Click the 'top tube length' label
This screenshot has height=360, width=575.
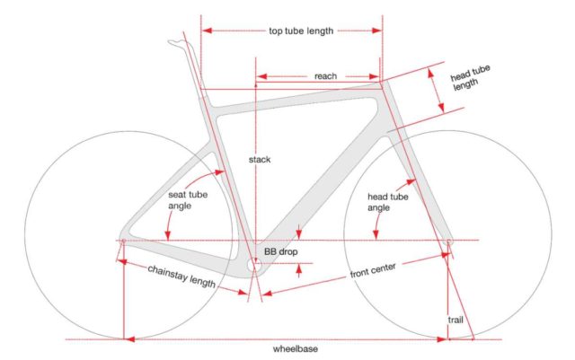(x=301, y=31)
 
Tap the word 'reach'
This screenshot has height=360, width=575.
(x=325, y=76)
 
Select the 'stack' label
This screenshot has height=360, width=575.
(x=260, y=160)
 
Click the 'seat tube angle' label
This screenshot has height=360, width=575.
(x=188, y=200)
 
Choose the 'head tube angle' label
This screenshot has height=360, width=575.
(x=387, y=202)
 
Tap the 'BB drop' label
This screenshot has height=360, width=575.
(x=281, y=252)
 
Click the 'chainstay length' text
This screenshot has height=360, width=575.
(x=181, y=277)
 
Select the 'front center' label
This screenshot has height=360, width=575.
(x=373, y=270)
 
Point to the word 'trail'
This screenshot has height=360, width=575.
(x=456, y=320)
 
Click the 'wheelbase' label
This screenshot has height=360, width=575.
(x=296, y=348)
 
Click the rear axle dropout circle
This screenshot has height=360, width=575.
(x=124, y=241)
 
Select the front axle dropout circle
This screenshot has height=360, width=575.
(x=448, y=241)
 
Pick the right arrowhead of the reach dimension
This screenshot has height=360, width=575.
(x=375, y=76)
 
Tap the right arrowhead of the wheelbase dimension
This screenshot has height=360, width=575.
(x=442, y=339)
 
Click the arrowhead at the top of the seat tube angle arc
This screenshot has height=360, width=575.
(x=219, y=172)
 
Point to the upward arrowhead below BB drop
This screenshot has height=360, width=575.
(x=299, y=268)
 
